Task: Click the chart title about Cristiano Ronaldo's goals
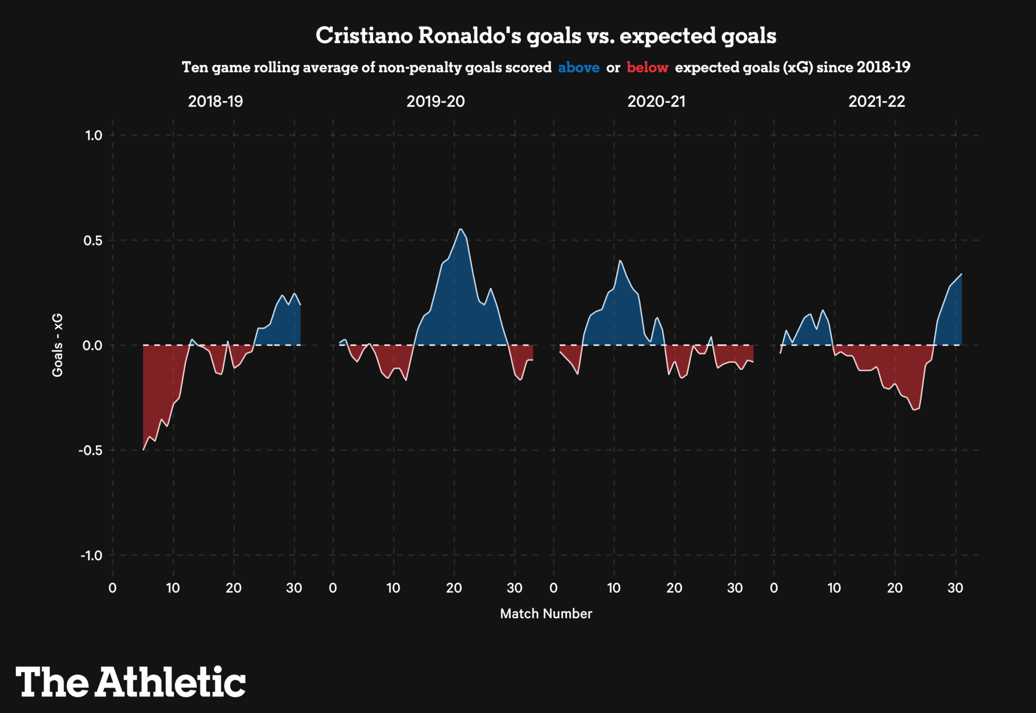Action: (x=546, y=36)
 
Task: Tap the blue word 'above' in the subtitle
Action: (x=579, y=68)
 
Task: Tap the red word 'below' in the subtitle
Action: (x=647, y=68)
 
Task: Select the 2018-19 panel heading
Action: (x=215, y=102)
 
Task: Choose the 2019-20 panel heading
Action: (x=436, y=102)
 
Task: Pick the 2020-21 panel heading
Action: (x=656, y=102)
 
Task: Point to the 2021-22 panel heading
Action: (x=877, y=102)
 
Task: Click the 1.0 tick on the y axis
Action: (x=94, y=135)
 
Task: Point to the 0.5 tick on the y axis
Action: (x=94, y=241)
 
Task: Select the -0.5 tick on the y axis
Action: (x=91, y=451)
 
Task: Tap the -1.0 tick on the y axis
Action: (x=91, y=556)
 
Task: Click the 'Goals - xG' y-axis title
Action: (x=58, y=345)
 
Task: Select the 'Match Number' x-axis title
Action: (x=546, y=614)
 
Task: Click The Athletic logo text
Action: (x=131, y=682)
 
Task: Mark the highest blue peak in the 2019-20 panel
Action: (x=460, y=229)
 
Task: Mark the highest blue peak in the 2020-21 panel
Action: (x=620, y=261)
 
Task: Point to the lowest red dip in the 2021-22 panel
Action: (x=914, y=410)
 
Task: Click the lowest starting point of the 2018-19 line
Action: (x=144, y=449)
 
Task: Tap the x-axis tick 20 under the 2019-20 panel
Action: (x=454, y=588)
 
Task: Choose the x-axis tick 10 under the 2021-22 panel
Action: (x=834, y=588)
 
